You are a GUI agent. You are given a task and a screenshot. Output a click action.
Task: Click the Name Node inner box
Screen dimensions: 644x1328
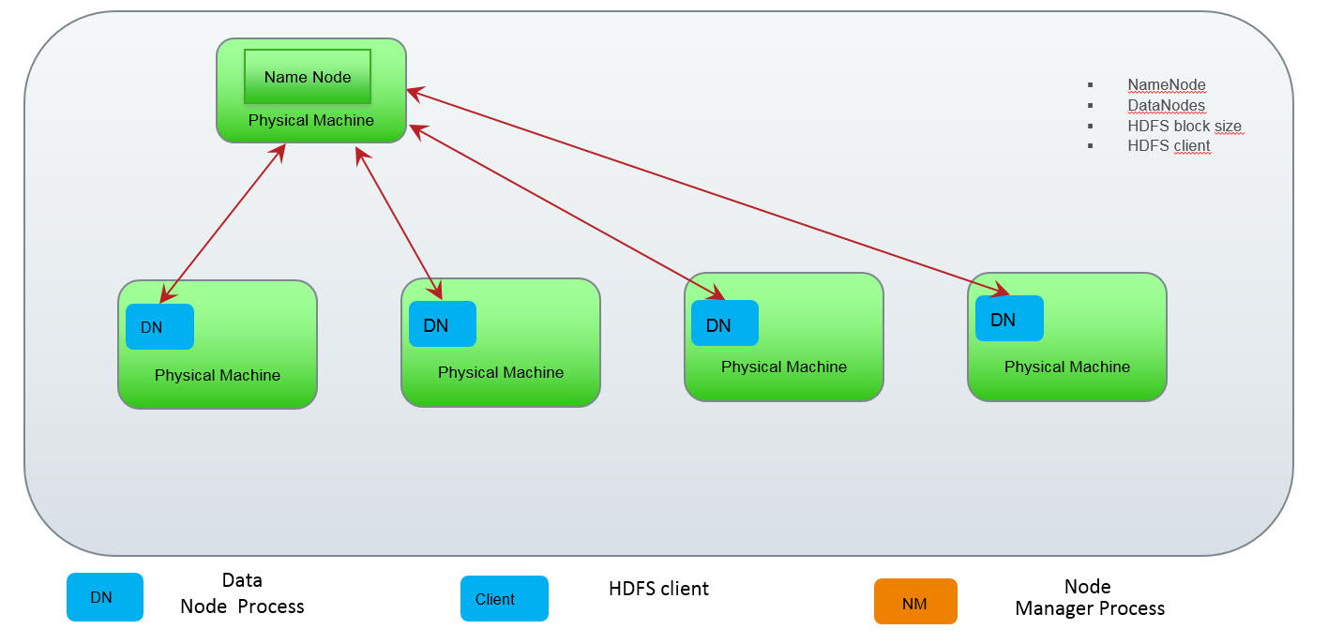(x=308, y=77)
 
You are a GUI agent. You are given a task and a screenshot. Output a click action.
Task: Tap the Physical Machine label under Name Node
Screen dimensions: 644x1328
(x=310, y=120)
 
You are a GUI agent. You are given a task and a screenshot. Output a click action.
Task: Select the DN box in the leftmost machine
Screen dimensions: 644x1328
(x=159, y=327)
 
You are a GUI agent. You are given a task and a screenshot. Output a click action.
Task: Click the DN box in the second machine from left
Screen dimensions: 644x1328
(x=443, y=324)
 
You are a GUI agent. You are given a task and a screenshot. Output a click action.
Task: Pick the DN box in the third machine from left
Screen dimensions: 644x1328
(x=725, y=323)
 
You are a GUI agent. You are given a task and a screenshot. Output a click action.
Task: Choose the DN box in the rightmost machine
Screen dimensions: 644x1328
(x=1009, y=319)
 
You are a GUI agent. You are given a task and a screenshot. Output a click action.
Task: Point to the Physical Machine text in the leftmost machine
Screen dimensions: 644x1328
(x=218, y=375)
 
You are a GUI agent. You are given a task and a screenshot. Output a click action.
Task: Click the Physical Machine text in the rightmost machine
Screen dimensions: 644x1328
(x=1066, y=367)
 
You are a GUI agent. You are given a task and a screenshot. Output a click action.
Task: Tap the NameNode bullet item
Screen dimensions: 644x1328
(x=1166, y=85)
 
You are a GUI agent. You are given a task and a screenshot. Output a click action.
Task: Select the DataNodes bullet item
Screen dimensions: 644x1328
(x=1166, y=106)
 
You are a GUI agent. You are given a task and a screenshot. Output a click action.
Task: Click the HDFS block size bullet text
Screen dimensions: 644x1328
(x=1185, y=127)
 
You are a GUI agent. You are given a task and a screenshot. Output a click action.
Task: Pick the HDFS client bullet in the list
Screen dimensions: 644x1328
(x=1169, y=146)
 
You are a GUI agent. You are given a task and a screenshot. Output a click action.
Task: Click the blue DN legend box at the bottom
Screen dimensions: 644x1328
(x=104, y=597)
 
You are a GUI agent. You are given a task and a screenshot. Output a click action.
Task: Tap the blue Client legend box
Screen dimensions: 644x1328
(x=504, y=599)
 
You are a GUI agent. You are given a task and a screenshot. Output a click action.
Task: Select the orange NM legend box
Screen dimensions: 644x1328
(x=915, y=602)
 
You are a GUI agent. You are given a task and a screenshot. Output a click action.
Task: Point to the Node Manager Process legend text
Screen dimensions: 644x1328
(x=1089, y=598)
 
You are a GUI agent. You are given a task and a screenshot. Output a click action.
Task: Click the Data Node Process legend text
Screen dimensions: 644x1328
(x=242, y=593)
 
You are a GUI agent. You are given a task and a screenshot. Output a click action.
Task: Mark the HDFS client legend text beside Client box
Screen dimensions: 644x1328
(x=658, y=589)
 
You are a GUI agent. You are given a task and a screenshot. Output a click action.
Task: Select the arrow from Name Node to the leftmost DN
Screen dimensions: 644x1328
(x=222, y=225)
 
